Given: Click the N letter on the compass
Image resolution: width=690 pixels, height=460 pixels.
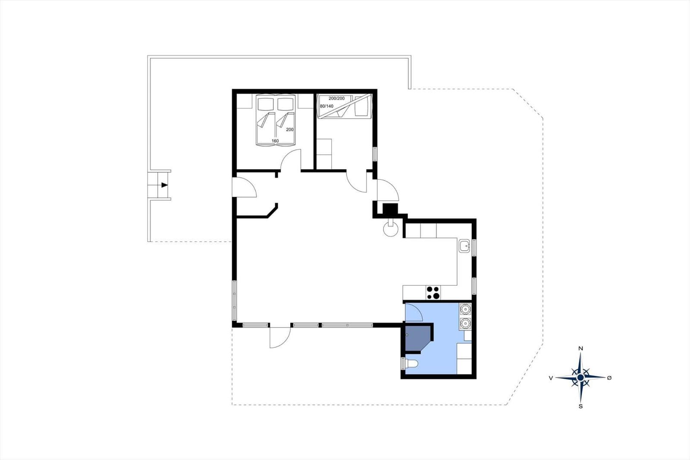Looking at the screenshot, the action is coord(580,349).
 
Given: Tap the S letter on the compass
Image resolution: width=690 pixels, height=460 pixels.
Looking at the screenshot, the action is coord(580,406).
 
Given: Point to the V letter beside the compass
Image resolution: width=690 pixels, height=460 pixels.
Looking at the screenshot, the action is coord(551,378).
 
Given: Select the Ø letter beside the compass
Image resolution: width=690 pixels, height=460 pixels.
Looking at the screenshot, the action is coord(609,378).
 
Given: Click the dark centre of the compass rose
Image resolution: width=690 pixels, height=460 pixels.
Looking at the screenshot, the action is coord(580,378).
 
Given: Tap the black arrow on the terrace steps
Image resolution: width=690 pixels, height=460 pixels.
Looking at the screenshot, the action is coord(164,185).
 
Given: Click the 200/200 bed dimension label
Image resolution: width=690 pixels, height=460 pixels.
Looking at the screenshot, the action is coord(337,98).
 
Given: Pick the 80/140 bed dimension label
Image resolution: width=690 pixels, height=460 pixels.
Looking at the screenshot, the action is coord(326,106).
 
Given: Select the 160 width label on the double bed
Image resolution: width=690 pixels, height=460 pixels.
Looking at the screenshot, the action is coord(275,141).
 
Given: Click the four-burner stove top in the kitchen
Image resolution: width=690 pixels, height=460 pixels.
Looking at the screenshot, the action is coord(433,293).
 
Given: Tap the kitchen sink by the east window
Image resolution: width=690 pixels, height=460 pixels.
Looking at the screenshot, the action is coord(464,246).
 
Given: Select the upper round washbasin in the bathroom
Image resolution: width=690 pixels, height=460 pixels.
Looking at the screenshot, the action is coord(465,309).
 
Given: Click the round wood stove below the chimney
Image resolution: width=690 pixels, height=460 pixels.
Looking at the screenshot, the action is coord(391,229).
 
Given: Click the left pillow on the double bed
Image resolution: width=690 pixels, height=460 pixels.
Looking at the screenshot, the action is coord(266,104).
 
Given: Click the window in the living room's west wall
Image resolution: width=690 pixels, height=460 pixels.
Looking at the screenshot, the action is coord(235,301).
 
